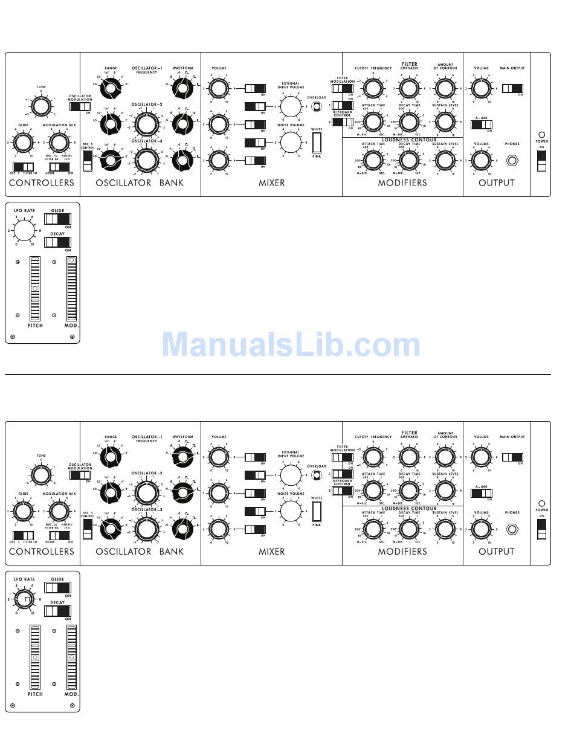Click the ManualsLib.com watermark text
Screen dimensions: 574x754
pos(291,345)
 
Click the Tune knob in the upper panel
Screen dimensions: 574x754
pos(40,106)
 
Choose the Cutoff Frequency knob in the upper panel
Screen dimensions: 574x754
pos(373,89)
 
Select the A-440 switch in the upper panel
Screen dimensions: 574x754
pos(482,125)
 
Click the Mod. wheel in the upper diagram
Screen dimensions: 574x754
pos(72,287)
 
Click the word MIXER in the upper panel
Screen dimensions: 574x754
pos(272,182)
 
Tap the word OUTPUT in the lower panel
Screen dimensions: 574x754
pos(496,551)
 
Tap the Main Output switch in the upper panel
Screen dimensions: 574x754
pos(512,89)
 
